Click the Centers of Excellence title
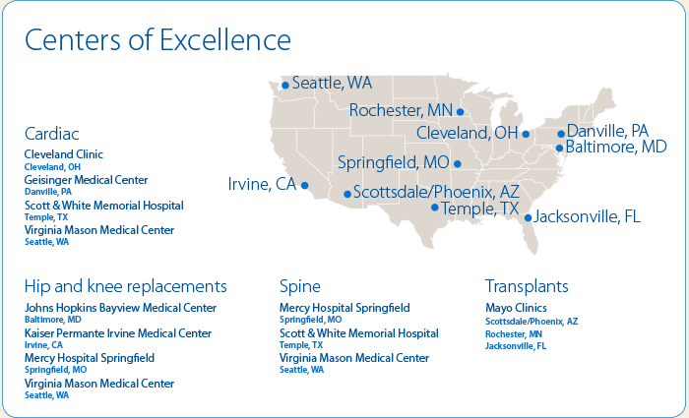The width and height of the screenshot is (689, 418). point(157,40)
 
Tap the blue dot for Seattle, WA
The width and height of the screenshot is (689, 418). point(285,86)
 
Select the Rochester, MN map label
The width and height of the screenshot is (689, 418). point(401,110)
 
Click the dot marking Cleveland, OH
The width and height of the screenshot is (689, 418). point(526,134)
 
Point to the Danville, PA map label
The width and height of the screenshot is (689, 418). point(607,131)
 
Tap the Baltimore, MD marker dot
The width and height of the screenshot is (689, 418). point(559,149)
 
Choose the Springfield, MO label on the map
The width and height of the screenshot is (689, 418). point(394,163)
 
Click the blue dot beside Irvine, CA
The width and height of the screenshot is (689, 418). point(304,185)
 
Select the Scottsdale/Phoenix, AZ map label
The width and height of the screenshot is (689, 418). point(436,193)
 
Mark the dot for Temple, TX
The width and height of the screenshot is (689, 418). point(435,208)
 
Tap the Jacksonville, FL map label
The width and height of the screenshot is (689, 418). point(587,216)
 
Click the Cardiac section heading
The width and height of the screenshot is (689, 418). point(52,134)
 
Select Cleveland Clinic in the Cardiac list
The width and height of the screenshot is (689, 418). point(64,154)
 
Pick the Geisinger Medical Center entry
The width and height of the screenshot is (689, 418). point(87,180)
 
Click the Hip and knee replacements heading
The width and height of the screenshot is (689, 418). point(126,286)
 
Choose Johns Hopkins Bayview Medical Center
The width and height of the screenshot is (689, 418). point(120,308)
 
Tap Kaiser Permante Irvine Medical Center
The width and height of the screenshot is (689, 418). point(118,333)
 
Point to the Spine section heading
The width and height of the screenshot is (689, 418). point(300,287)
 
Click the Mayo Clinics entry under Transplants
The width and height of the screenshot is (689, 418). point(517,308)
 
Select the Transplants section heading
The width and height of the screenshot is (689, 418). point(527,286)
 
